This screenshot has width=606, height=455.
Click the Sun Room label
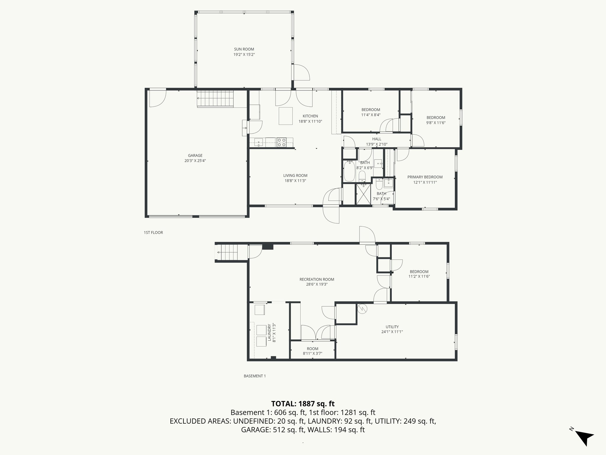point(244,49)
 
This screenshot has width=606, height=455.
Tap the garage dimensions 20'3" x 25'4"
point(195,161)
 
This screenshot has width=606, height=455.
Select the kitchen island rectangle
point(286,116)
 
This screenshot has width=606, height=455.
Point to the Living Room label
point(295,175)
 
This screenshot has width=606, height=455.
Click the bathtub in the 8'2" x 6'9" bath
point(349,171)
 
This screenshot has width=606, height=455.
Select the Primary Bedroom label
point(425,177)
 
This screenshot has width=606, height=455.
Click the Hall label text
point(377,139)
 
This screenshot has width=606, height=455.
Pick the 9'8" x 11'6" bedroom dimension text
point(436,123)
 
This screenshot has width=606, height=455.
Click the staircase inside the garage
point(216,99)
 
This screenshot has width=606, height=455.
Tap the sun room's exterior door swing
point(302,72)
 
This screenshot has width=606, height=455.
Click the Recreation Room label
point(317,279)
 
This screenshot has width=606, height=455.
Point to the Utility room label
point(392,327)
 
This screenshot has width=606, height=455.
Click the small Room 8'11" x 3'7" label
point(312,349)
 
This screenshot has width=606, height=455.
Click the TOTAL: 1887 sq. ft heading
point(303,404)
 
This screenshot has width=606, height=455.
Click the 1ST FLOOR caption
point(153,233)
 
